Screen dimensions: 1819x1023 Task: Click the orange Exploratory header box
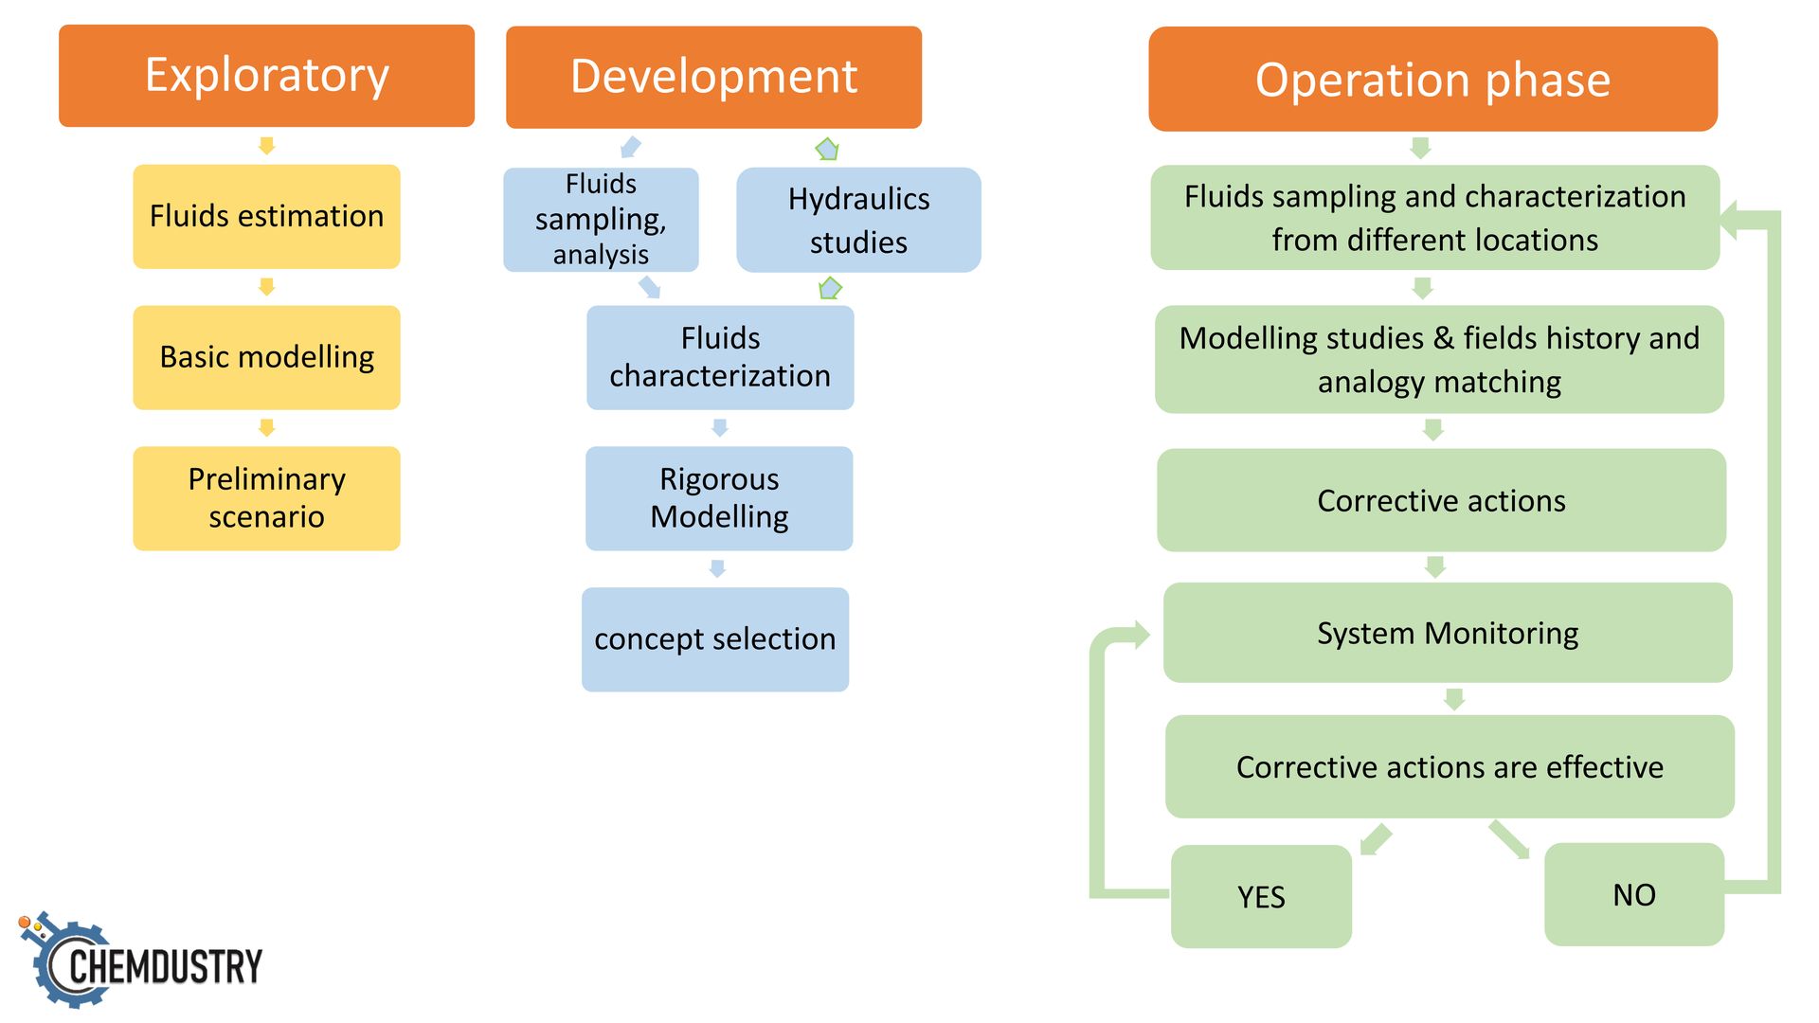(266, 76)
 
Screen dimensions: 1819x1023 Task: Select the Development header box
(713, 77)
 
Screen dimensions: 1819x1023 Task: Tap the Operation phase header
(1432, 79)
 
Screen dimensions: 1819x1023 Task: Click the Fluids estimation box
(266, 217)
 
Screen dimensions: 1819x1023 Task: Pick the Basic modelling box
(266, 357)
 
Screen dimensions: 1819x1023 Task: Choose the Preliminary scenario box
(266, 498)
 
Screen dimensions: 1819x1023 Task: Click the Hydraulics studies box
(858, 220)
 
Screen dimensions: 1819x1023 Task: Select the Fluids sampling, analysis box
(601, 220)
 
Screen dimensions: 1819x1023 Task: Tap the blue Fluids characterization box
(720, 357)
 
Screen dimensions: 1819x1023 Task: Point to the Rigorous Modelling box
(719, 498)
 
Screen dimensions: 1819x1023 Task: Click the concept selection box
(715, 639)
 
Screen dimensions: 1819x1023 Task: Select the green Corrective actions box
(1441, 500)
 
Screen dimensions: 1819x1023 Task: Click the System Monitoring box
(1448, 633)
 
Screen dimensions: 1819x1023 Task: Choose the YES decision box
(1261, 896)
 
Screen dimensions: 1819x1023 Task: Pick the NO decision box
(1634, 894)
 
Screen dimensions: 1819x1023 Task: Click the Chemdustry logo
(140, 960)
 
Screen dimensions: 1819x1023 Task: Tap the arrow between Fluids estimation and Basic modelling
(267, 287)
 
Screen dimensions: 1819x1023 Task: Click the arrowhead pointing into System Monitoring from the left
(1139, 635)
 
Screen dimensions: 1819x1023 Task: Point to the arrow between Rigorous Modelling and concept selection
(717, 568)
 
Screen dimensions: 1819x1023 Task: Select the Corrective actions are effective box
(1450, 766)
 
